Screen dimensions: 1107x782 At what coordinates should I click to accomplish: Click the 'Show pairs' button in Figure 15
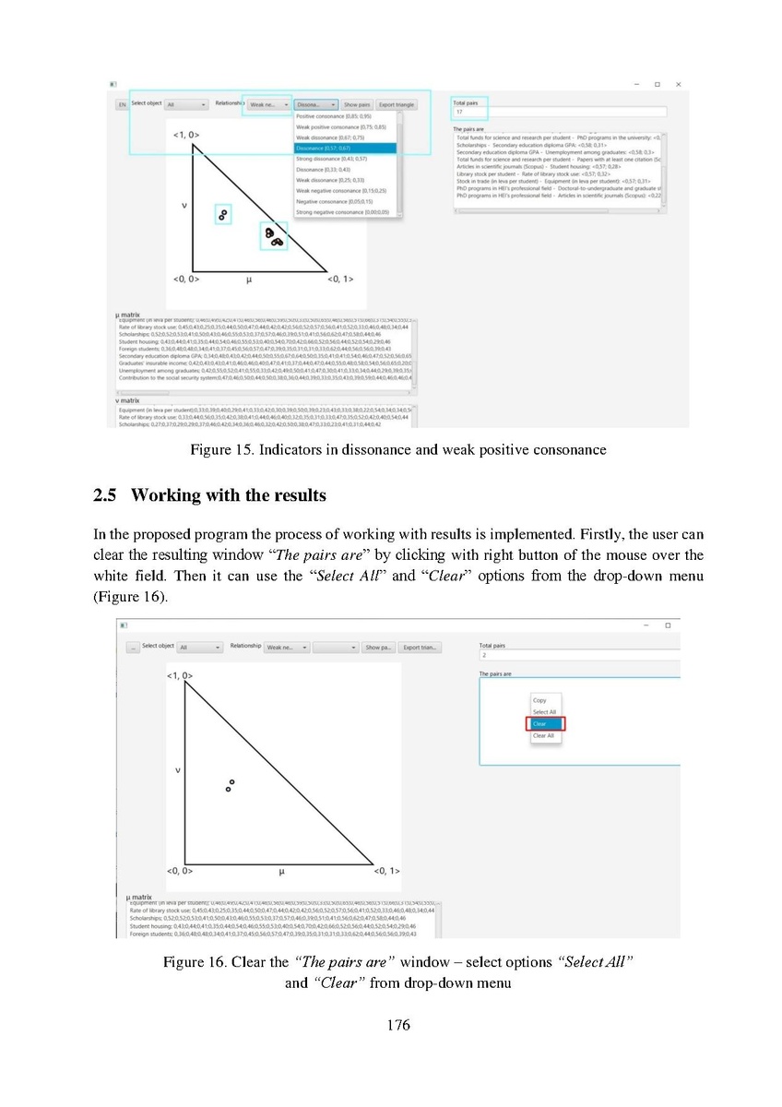pos(357,105)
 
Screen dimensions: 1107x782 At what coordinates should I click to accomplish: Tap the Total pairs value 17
pos(459,113)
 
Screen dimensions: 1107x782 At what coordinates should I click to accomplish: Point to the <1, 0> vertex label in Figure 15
pos(185,135)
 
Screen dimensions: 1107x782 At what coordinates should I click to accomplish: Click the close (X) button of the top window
pos(679,85)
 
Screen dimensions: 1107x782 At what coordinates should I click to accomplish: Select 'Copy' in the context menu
pos(540,700)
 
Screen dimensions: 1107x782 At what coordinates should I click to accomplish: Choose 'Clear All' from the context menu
pos(543,735)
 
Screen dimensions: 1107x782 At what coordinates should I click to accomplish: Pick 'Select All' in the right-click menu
pos(544,712)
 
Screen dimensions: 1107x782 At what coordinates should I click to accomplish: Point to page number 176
pos(391,1025)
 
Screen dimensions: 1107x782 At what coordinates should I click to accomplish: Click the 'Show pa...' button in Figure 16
pos(378,648)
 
